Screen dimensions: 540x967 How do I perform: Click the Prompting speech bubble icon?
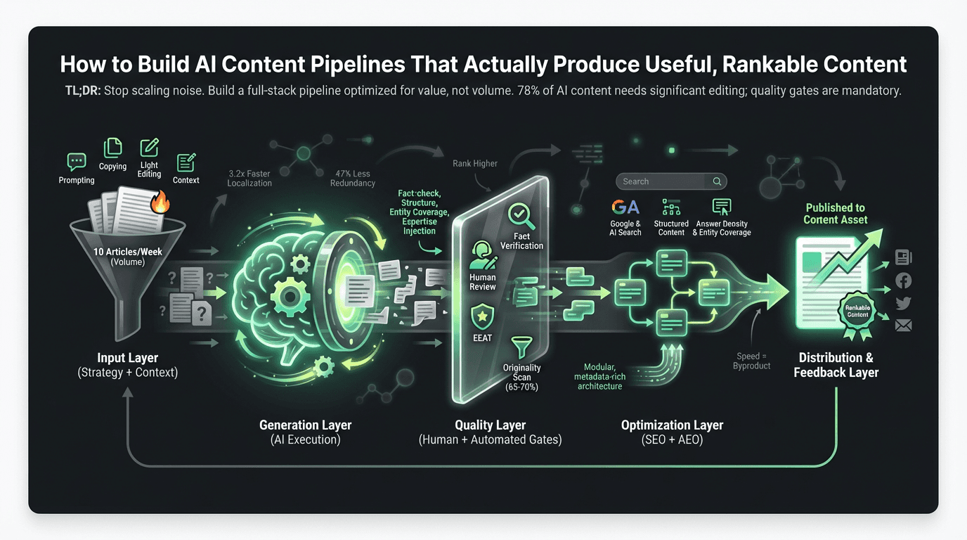[x=77, y=162]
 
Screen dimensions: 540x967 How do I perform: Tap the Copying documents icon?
[x=112, y=148]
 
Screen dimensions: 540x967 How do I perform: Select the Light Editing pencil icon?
[x=149, y=148]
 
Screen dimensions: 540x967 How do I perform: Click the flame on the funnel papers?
[x=161, y=203]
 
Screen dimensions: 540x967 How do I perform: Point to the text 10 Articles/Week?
[x=127, y=252]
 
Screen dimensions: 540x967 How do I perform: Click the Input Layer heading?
[x=127, y=358]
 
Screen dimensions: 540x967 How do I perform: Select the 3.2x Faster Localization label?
[x=249, y=178]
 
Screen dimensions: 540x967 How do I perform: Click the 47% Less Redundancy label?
[x=353, y=178]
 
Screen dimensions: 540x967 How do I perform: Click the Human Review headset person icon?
[x=482, y=255]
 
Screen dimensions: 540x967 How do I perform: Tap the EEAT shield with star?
[x=482, y=316]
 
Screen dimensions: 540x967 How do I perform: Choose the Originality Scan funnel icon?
[x=521, y=347]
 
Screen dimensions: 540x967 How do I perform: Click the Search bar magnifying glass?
[x=717, y=181]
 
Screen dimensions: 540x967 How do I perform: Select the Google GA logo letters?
[x=625, y=207]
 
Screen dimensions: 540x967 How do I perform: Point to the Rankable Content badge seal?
[x=857, y=311]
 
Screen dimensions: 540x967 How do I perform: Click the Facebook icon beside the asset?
[x=904, y=281]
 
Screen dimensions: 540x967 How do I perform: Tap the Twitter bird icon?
[x=904, y=303]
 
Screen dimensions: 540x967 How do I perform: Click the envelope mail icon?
[x=904, y=325]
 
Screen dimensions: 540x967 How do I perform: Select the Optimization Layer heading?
[x=672, y=425]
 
